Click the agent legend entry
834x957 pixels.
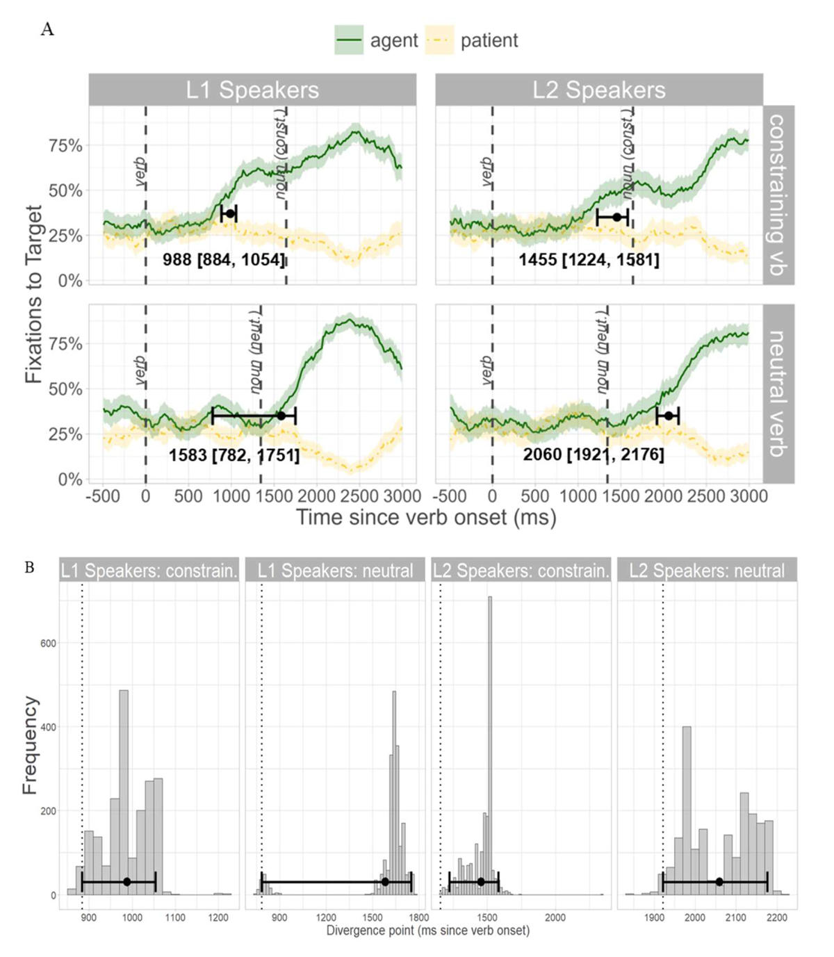click(x=376, y=40)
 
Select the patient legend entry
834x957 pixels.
click(x=471, y=40)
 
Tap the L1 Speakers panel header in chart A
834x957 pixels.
click(x=252, y=90)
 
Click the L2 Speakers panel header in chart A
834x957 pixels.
click(x=599, y=90)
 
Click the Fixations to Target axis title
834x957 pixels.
click(x=33, y=295)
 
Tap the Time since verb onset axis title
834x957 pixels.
click(x=426, y=518)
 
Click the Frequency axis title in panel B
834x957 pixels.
click(x=29, y=745)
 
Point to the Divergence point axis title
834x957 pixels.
click(x=428, y=931)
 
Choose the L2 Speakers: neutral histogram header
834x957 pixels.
click(x=708, y=571)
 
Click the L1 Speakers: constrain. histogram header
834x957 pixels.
click(x=149, y=571)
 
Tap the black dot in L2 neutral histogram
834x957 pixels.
click(x=719, y=881)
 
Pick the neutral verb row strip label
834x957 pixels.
click(x=779, y=393)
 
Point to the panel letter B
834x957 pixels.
click(x=29, y=568)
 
